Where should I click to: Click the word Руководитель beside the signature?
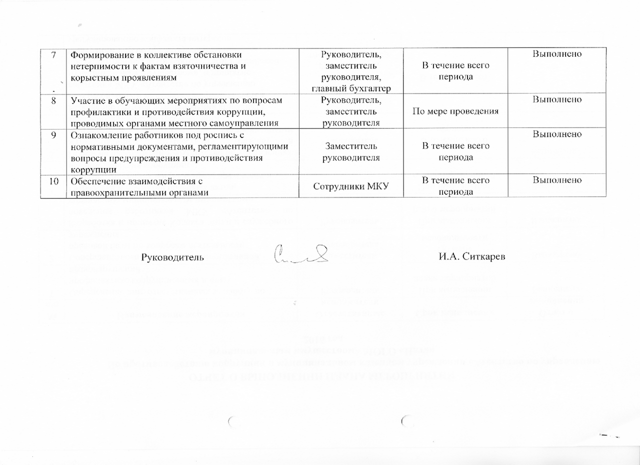coord(172,257)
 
